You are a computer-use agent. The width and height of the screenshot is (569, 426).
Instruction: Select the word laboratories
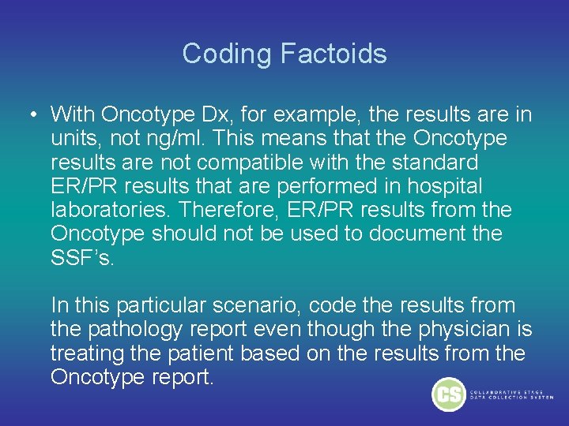coord(111,211)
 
